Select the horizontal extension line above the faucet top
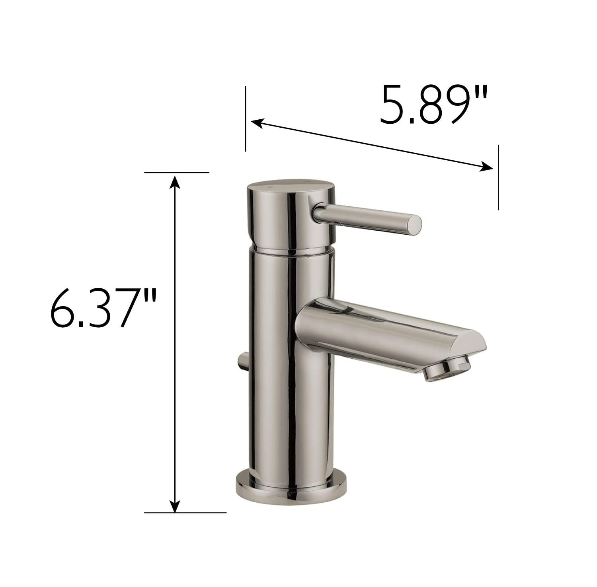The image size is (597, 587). [177, 173]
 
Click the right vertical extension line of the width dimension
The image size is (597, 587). [498, 177]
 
